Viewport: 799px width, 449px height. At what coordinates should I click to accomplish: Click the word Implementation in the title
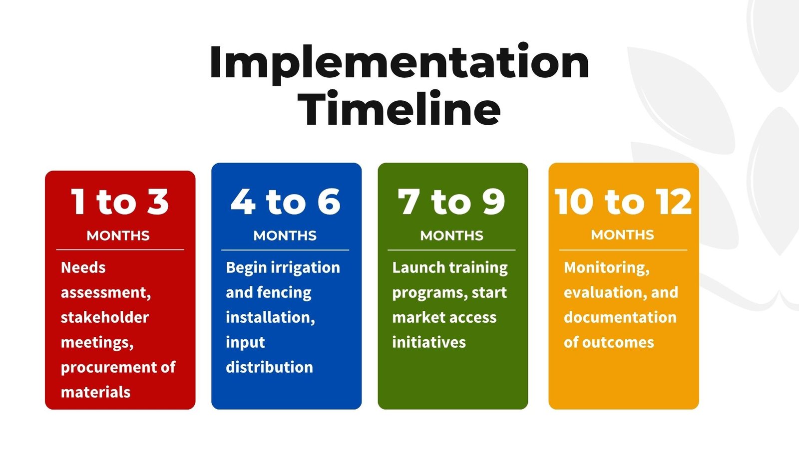click(x=399, y=62)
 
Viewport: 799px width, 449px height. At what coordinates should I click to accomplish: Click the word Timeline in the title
click(x=399, y=108)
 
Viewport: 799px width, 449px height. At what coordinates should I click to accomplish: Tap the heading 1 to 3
click(x=120, y=202)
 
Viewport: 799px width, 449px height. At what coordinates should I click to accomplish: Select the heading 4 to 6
click(x=286, y=202)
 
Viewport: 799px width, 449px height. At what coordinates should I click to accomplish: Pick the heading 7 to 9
click(x=451, y=202)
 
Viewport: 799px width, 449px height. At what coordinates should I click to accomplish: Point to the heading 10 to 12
click(x=623, y=202)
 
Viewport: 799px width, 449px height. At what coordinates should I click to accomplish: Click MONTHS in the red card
click(x=118, y=235)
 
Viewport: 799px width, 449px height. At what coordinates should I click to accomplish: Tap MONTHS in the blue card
click(x=285, y=235)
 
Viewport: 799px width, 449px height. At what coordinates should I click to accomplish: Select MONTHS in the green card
click(x=451, y=235)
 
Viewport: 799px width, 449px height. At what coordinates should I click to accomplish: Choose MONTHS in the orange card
click(x=622, y=235)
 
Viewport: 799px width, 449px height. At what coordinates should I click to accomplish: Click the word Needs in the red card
click(x=83, y=267)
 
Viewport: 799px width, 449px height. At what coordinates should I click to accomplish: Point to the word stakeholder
click(x=105, y=317)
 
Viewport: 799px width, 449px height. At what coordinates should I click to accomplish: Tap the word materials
click(x=95, y=392)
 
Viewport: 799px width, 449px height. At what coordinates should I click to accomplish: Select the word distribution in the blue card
click(x=269, y=367)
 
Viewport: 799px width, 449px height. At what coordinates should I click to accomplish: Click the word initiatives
click(x=429, y=342)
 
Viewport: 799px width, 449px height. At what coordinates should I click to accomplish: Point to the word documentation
click(x=620, y=317)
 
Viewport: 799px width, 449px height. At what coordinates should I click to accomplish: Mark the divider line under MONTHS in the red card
click(x=120, y=250)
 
